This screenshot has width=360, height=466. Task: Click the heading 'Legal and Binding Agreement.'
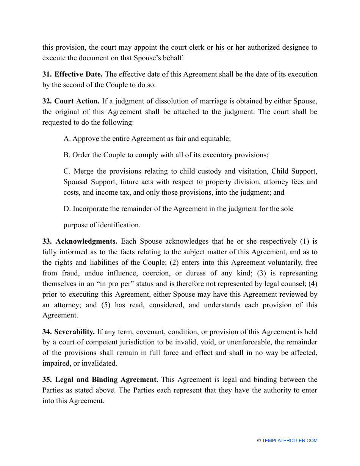[100, 380]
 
